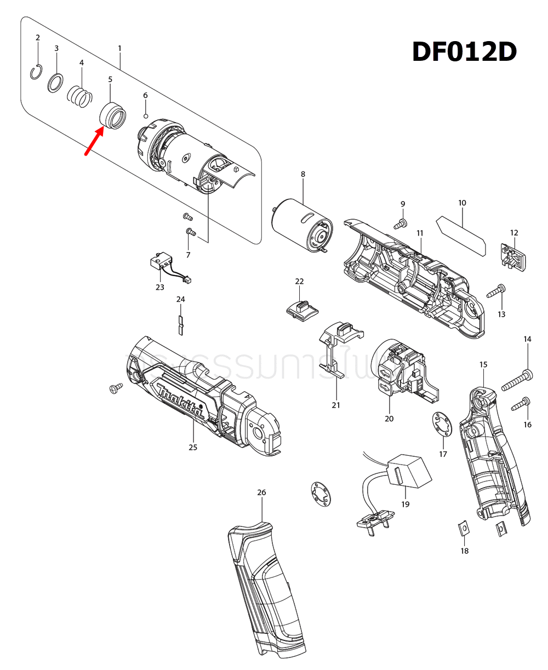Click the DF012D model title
click(464, 53)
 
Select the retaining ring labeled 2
click(37, 72)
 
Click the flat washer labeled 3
click(55, 83)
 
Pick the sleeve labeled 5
click(112, 116)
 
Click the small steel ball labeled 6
click(146, 116)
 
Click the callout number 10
click(462, 203)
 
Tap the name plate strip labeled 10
click(461, 236)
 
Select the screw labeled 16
click(520, 405)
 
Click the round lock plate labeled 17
click(442, 425)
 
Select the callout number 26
click(261, 493)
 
